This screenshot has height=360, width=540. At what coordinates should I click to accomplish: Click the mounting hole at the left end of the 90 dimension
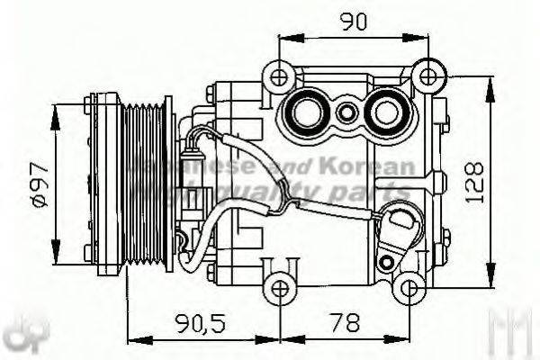[x=281, y=75]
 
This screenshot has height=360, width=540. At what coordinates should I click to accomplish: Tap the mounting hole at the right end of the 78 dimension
[x=409, y=289]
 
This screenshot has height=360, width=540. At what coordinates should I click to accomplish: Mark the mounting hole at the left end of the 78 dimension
[x=281, y=289]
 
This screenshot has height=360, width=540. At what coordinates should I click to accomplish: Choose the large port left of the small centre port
[x=307, y=113]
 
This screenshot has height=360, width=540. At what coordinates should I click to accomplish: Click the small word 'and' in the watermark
[x=307, y=168]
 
